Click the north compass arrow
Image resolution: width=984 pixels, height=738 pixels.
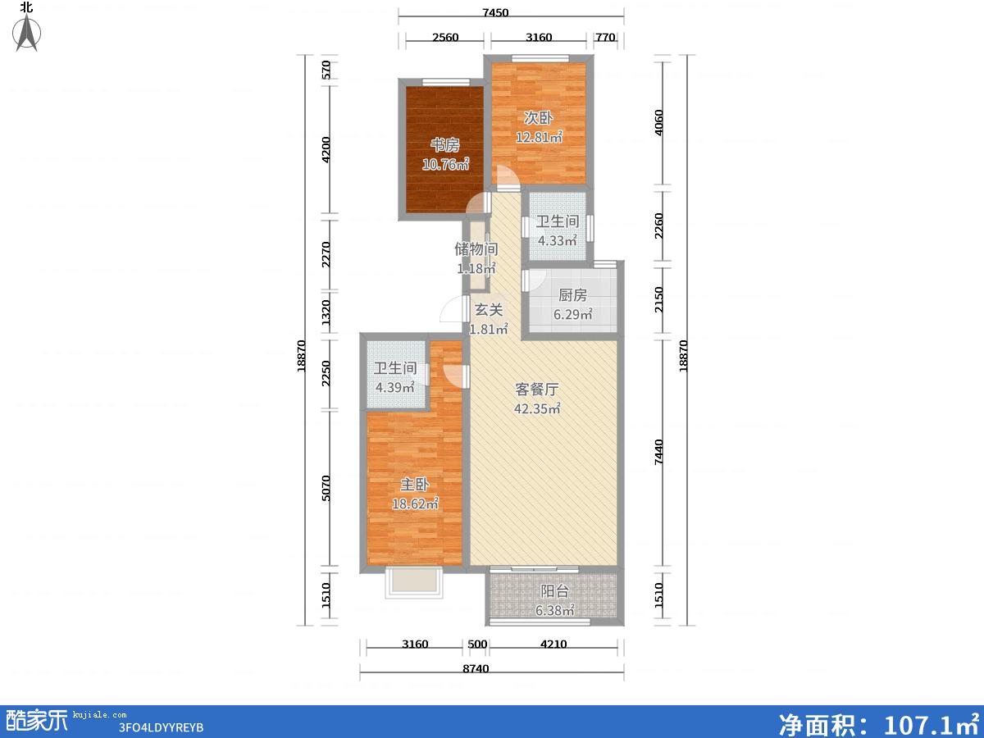point(27,32)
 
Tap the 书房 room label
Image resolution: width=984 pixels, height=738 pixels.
point(445,145)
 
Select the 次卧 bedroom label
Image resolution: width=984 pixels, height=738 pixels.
point(539,118)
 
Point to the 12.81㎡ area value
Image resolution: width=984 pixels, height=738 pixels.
point(539,137)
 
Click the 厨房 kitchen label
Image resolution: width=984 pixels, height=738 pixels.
point(572,295)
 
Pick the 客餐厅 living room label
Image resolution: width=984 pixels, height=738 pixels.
point(536,389)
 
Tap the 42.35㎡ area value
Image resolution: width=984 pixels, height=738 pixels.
point(537,408)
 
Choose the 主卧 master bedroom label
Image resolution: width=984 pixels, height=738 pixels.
point(415,485)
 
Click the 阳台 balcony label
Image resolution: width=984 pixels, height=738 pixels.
point(554,591)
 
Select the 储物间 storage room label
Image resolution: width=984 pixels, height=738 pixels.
point(476,249)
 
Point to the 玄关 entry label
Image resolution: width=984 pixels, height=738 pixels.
point(489,310)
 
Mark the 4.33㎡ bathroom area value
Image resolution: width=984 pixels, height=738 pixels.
point(558,240)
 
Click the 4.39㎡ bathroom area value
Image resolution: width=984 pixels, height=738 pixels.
point(395,387)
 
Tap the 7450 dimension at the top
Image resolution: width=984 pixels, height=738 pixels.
point(495,12)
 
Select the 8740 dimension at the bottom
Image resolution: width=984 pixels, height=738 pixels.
point(476,669)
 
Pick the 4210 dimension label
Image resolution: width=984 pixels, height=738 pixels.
point(553,645)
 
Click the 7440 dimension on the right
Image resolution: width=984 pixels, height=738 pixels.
point(658,452)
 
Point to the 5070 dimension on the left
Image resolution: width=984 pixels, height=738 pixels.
point(326,488)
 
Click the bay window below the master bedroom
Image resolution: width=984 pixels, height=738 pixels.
point(414,582)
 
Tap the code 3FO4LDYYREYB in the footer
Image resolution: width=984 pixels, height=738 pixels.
point(161,727)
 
